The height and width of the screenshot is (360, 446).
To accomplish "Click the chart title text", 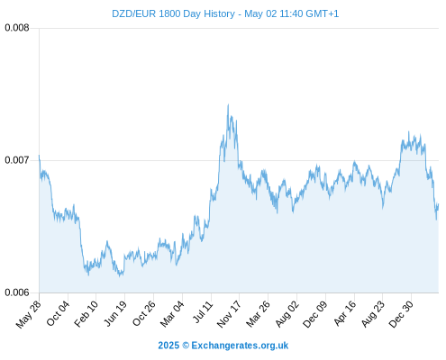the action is click(225, 13).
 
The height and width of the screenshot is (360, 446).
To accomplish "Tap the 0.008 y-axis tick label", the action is click(17, 28).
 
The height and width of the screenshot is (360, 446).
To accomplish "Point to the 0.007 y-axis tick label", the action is click(17, 160).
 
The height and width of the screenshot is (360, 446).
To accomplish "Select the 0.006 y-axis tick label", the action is click(17, 292).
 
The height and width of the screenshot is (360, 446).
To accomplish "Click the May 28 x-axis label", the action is click(28, 314).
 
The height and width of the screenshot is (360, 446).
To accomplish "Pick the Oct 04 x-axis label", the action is click(58, 313).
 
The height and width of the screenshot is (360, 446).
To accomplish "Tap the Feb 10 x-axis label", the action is click(86, 313).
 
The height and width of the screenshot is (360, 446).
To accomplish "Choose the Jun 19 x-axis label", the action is click(115, 313).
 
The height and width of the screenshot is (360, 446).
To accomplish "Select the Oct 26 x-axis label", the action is click(144, 313).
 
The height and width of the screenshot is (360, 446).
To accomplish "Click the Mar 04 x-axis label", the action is click(172, 313).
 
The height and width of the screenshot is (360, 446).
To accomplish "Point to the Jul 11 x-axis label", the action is click(203, 312).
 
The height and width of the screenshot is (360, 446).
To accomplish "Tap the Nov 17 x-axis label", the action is click(229, 314).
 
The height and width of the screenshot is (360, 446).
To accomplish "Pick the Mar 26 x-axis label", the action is click(258, 314).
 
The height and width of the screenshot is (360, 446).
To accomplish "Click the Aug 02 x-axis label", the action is click(287, 314).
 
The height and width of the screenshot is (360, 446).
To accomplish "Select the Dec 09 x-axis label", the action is click(315, 314).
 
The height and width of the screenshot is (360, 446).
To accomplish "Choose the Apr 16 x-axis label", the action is click(345, 313).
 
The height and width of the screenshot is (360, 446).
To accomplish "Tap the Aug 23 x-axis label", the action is click(373, 314).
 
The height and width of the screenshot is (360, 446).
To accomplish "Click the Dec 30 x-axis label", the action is click(401, 314).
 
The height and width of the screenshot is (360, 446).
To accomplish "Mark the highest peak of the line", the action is click(228, 104).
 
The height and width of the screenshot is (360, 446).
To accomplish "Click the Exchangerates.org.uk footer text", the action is click(240, 346).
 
